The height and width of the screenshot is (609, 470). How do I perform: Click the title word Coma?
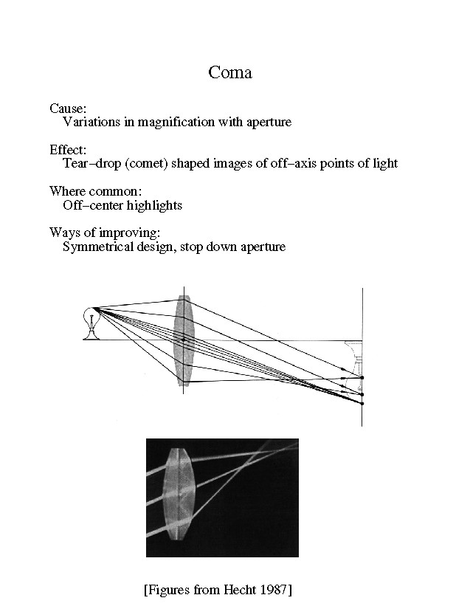(230, 72)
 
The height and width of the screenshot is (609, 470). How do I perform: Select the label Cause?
(68, 109)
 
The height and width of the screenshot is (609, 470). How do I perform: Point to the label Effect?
(68, 150)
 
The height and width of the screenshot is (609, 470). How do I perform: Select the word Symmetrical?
(98, 247)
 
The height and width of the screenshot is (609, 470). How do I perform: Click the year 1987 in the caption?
(273, 589)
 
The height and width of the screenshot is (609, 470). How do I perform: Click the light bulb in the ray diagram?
(91, 323)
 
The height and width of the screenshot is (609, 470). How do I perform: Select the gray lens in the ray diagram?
(184, 340)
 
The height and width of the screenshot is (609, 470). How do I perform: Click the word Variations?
(91, 122)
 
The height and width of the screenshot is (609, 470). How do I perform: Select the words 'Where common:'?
(95, 191)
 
